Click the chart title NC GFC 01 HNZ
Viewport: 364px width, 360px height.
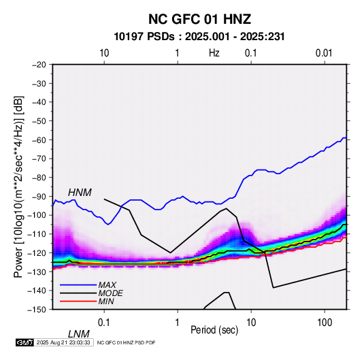pyautogui.click(x=199, y=19)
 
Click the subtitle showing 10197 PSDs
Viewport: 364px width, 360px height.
pyautogui.click(x=199, y=37)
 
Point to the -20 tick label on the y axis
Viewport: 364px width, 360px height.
pyautogui.click(x=39, y=65)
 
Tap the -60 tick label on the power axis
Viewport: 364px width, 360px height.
pyautogui.click(x=39, y=140)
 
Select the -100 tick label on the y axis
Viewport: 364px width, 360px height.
pyautogui.click(x=37, y=215)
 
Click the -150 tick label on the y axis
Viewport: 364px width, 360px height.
pyautogui.click(x=37, y=310)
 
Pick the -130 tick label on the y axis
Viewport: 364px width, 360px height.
pyautogui.click(x=37, y=272)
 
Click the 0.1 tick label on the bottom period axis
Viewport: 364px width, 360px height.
pyautogui.click(x=104, y=323)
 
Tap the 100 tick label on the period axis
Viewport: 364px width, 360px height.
pyautogui.click(x=325, y=323)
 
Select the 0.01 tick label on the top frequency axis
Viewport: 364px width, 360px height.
pyautogui.click(x=324, y=53)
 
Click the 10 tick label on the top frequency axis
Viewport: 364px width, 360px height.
pyautogui.click(x=104, y=53)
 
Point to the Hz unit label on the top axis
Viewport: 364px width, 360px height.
pyautogui.click(x=214, y=53)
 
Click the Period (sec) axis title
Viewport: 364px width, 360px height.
pyautogui.click(x=214, y=330)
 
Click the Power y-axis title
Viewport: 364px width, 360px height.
pyautogui.click(x=18, y=187)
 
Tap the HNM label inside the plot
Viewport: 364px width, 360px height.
pyautogui.click(x=80, y=193)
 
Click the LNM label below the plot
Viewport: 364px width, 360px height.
pyautogui.click(x=79, y=334)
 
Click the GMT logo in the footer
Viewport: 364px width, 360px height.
pyautogui.click(x=24, y=342)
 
